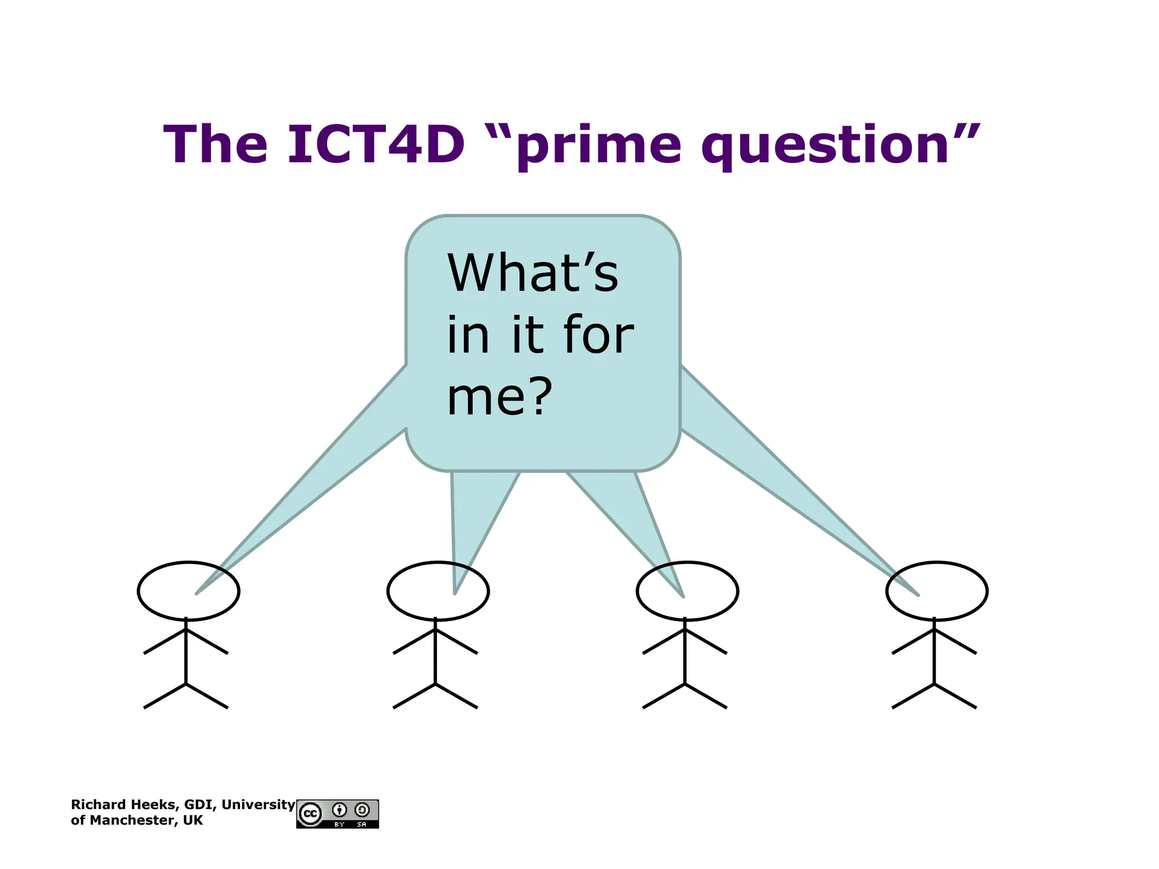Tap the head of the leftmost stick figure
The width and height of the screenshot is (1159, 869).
tap(188, 591)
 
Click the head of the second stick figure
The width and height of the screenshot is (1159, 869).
tap(438, 591)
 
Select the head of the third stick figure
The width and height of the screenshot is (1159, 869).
tap(687, 591)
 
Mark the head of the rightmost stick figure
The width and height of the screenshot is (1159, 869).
tap(937, 591)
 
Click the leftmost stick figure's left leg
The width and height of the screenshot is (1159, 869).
tap(165, 696)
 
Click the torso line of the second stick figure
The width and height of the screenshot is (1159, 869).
tap(435, 656)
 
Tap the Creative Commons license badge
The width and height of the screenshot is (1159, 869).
tap(337, 814)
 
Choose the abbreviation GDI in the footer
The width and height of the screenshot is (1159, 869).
tap(199, 805)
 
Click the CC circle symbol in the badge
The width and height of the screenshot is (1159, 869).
tap(310, 814)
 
